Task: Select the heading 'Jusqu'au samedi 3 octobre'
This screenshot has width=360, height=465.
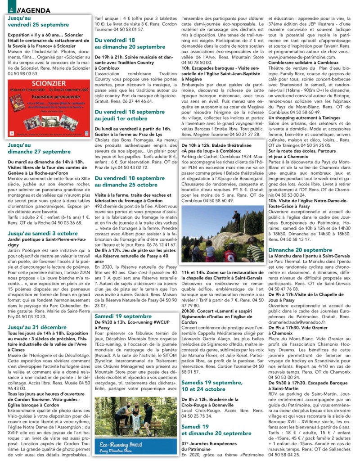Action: [43, 233]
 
